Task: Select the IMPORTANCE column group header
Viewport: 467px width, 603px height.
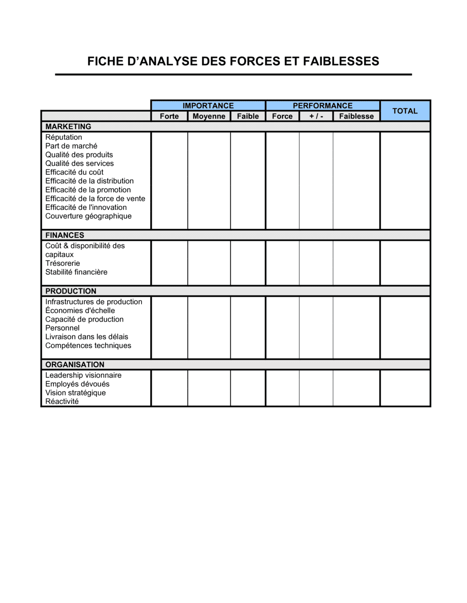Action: coord(208,106)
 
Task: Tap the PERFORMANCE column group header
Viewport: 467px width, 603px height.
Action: coord(323,106)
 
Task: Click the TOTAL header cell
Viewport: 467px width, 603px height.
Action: coord(405,111)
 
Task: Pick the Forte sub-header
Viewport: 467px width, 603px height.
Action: coord(169,116)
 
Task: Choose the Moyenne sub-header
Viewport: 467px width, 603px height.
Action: coord(209,116)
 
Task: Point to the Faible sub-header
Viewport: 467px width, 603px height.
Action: coord(248,116)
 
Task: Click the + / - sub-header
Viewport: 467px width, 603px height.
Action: coord(316,116)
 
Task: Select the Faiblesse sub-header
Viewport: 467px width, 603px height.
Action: coord(356,116)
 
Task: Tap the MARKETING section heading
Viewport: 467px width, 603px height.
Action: coord(68,127)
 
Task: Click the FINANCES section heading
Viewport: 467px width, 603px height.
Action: coord(65,235)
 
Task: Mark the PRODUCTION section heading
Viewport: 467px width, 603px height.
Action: coord(71,291)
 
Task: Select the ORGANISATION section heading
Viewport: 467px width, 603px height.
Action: coord(75,365)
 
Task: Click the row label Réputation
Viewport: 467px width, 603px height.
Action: coord(64,137)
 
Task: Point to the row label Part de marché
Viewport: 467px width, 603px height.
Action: coord(71,146)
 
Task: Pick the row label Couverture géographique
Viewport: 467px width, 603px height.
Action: coord(88,216)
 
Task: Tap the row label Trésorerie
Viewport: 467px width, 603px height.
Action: coord(63,264)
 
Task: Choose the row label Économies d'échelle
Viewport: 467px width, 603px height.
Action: coord(80,311)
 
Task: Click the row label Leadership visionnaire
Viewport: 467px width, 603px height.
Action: coord(83,375)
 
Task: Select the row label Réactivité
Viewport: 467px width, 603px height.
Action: coord(62,402)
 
